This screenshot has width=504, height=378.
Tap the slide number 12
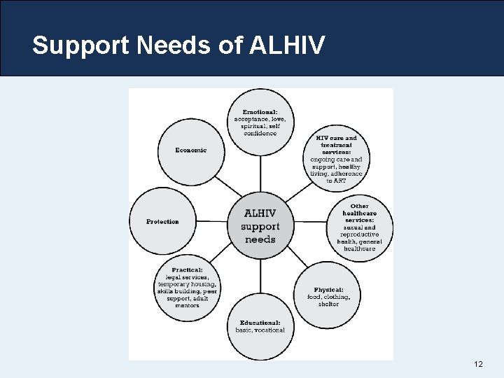479,364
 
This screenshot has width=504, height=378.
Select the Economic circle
191,150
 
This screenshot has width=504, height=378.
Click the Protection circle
162,221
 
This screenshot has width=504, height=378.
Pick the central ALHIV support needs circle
260,225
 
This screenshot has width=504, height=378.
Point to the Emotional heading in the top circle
260,112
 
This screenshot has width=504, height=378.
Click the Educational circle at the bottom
260,327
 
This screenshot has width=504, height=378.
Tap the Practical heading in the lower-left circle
188,269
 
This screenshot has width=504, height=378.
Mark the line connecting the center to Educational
260,276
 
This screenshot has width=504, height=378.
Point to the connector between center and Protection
211,223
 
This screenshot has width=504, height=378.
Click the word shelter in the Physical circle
328,304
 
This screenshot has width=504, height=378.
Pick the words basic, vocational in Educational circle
260,330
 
